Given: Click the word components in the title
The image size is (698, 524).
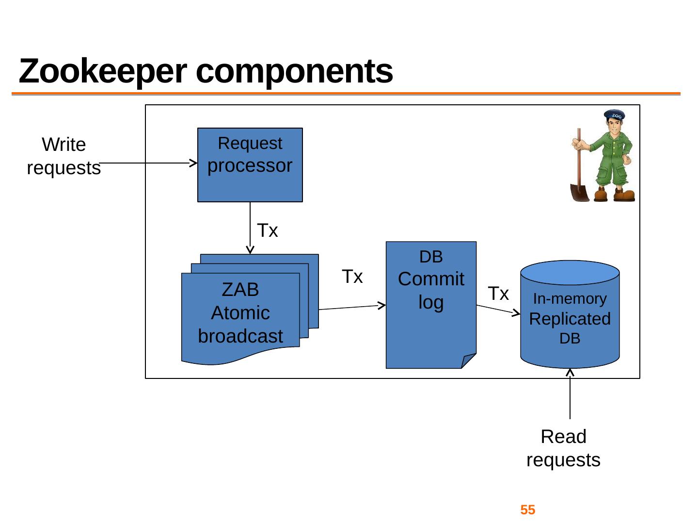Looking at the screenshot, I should tap(294, 72).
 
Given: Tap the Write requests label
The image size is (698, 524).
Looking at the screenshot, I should tap(63, 156).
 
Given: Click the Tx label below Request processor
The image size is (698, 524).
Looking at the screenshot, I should tap(268, 230).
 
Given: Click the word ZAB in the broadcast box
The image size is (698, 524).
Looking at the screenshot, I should tap(240, 290).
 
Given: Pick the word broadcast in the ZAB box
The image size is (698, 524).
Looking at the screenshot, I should tap(240, 336).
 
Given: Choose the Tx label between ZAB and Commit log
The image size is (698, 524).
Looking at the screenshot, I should tap(352, 277).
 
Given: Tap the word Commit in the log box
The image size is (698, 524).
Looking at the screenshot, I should tap(431, 279).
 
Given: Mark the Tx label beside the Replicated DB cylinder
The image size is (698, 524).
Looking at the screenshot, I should tap(498, 294).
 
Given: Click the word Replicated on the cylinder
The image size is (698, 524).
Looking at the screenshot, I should tap(570, 319).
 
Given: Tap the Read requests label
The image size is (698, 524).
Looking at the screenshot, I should tap(563, 448).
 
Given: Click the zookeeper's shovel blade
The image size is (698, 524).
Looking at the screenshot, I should tap(580, 192).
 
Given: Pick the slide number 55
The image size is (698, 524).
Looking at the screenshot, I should tap(527, 510).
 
